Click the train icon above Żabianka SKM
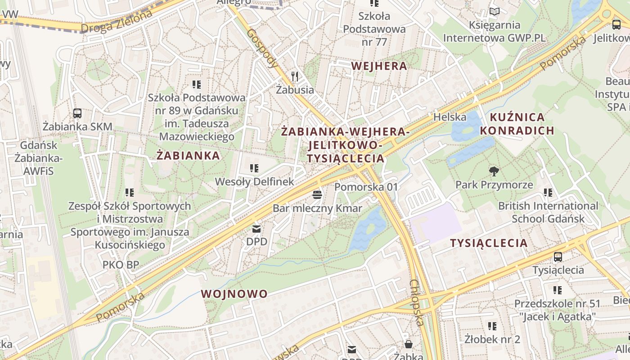pyautogui.click(x=77, y=113)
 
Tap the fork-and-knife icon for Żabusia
pyautogui.click(x=295, y=76)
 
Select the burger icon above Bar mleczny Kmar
pyautogui.click(x=317, y=195)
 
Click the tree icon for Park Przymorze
pyautogui.click(x=494, y=171)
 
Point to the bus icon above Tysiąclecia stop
pyautogui.click(x=558, y=256)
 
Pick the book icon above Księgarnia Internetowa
pyautogui.click(x=494, y=12)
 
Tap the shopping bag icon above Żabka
pyautogui.click(x=408, y=344)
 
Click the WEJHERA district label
pyautogui.click(x=379, y=66)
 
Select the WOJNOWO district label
pyautogui.click(x=234, y=294)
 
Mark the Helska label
pyautogui.click(x=450, y=117)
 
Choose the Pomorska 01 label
pyautogui.click(x=366, y=186)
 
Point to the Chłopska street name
pyautogui.click(x=417, y=302)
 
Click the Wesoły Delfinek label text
pyautogui.click(x=254, y=182)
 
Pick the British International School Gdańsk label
pyautogui.click(x=548, y=212)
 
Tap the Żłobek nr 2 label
pyautogui.click(x=492, y=339)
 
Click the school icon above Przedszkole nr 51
pyautogui.click(x=558, y=290)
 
